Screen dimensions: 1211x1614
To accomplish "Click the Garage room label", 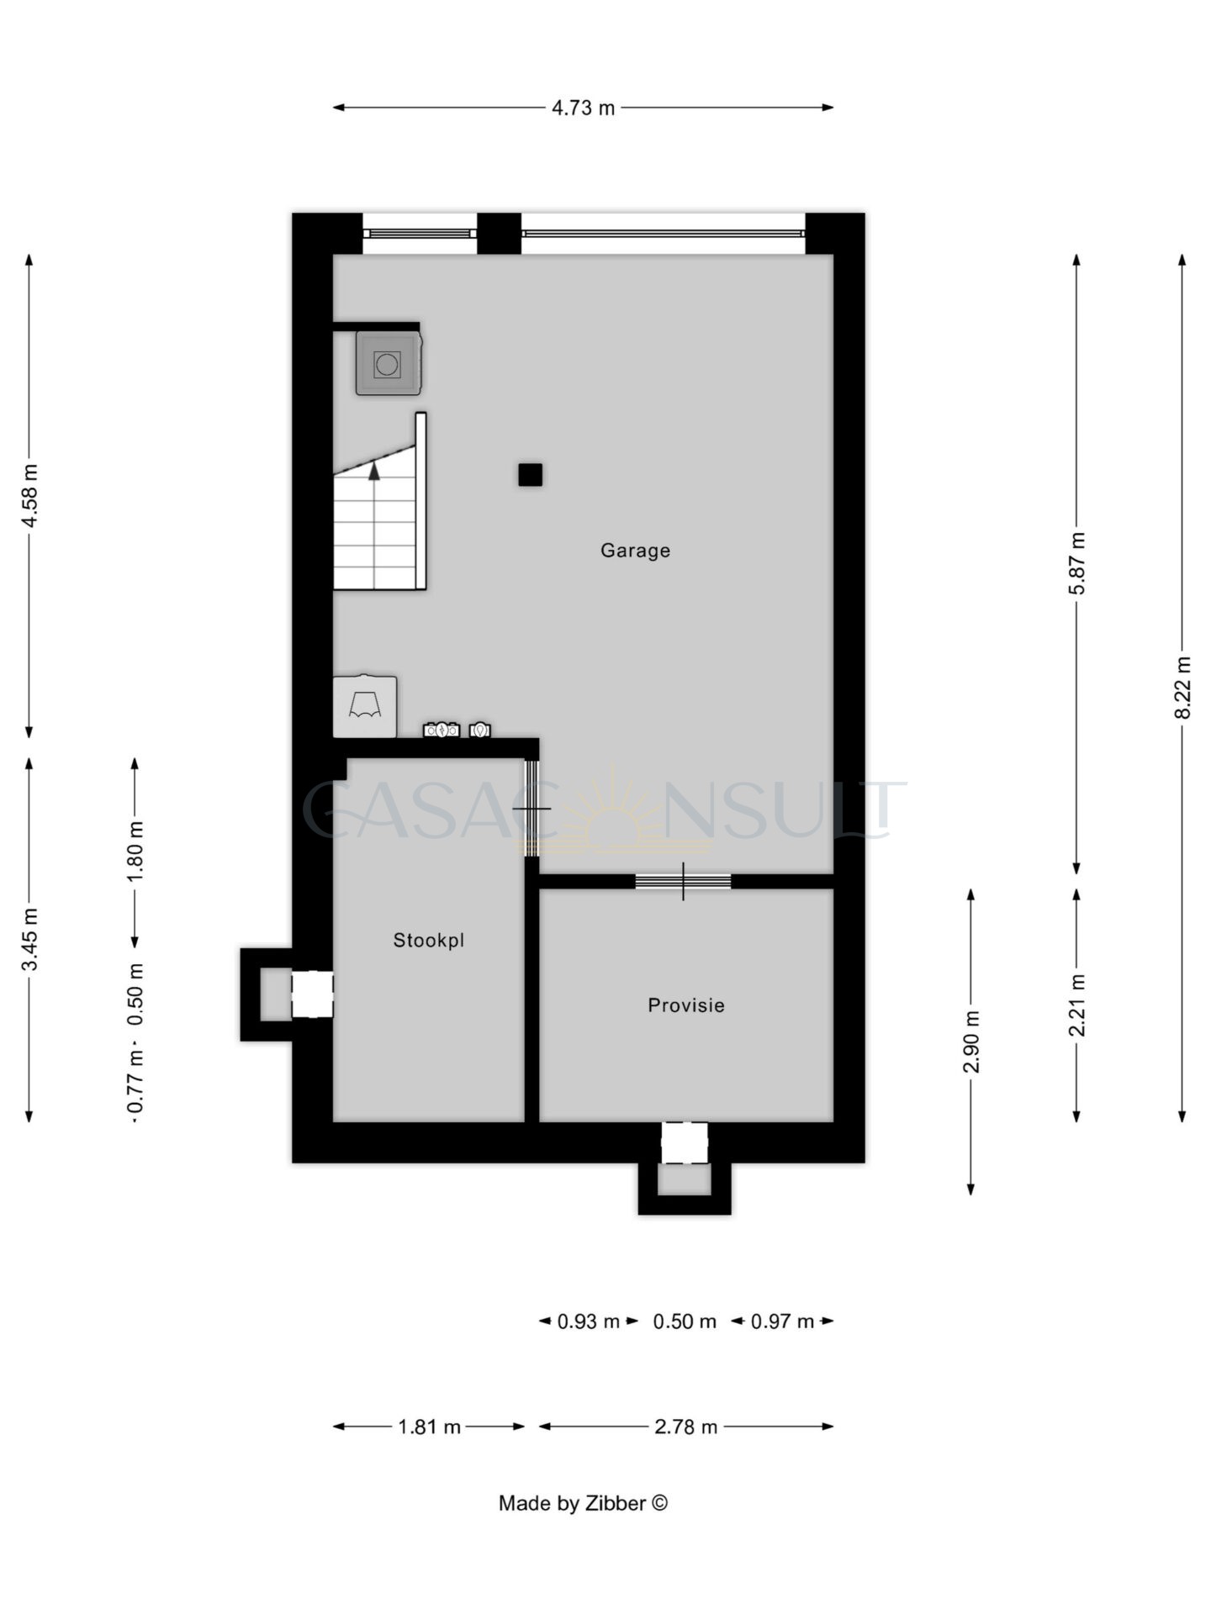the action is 635,551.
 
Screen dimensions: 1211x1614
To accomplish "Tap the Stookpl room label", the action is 429,941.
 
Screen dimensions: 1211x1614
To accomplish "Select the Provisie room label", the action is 686,1005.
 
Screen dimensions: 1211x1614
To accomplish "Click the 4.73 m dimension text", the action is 583,108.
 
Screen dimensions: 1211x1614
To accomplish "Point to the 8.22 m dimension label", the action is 1182,688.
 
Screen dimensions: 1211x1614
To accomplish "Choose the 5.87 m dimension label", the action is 1077,563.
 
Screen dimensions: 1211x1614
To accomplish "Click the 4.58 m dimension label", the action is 29,496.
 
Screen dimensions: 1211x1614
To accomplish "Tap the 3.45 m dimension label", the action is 29,939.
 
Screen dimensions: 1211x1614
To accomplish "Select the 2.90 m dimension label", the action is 971,1042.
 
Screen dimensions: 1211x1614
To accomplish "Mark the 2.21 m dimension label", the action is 1077,1005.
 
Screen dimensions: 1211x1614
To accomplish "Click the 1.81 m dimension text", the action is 429,1427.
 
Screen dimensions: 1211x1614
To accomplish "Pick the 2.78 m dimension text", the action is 686,1427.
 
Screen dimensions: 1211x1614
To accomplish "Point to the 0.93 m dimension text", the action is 589,1321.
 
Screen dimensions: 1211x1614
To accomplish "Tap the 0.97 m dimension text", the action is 782,1321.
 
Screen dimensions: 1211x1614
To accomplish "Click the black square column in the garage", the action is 530,475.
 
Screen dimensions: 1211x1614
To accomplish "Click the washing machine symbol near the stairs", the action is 388,363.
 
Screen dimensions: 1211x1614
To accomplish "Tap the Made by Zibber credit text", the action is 583,1503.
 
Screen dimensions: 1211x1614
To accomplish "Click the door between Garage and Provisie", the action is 683,881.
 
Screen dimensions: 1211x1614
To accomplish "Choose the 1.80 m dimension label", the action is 135,851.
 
